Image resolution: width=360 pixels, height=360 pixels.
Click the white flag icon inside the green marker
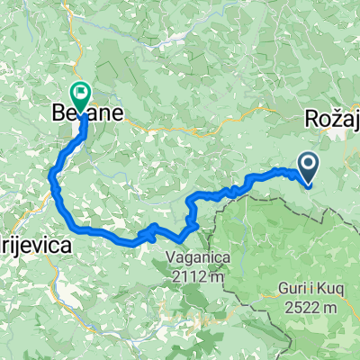coord(82,90)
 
